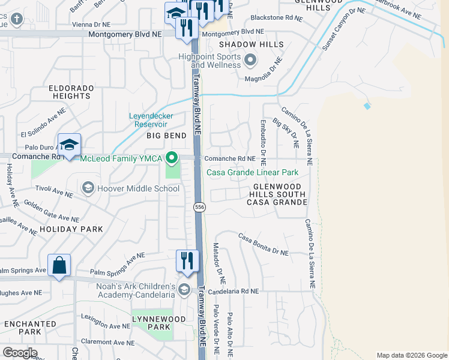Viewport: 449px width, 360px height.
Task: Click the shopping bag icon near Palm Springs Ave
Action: (x=59, y=265)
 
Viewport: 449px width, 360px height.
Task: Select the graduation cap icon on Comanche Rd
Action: (x=70, y=145)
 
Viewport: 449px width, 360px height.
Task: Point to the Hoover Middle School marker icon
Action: (x=88, y=188)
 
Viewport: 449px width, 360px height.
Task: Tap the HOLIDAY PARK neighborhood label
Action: (x=71, y=229)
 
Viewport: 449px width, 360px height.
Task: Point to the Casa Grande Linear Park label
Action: (x=253, y=173)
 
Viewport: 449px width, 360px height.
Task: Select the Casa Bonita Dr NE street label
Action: (x=264, y=244)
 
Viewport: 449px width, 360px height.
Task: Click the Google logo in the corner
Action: (x=20, y=353)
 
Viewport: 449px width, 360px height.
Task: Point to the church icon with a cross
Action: (x=16, y=19)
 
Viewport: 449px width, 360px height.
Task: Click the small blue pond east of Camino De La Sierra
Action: (x=367, y=106)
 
